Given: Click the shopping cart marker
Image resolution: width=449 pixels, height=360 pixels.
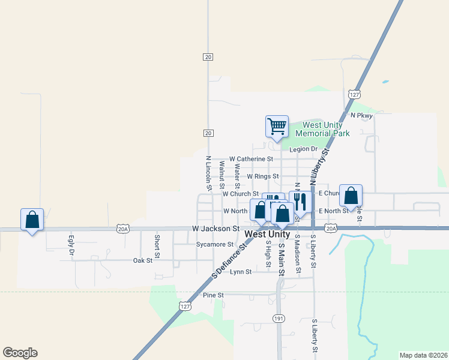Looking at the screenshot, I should tap(277, 126).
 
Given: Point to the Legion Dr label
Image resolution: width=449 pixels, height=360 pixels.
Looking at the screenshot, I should tap(303, 149).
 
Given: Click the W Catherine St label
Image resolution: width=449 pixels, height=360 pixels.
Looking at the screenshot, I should tap(251, 159).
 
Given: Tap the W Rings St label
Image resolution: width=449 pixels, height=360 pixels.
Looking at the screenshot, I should tap(263, 176).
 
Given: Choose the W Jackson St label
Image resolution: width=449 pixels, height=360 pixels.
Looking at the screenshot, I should tap(216, 229).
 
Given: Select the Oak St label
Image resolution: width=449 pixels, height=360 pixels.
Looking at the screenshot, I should tap(142, 260).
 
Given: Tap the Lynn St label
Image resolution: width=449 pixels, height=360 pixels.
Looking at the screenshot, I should tap(240, 272).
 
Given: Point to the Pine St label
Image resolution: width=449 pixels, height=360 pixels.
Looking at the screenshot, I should tap(213, 295).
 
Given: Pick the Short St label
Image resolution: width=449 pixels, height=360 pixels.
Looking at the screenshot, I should tap(157, 246).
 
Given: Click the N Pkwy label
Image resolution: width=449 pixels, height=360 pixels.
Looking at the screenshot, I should tap(362, 115).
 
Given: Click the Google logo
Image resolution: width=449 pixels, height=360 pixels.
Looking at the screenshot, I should tap(20, 353).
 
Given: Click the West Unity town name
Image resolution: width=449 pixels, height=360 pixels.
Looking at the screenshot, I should tap(268, 234).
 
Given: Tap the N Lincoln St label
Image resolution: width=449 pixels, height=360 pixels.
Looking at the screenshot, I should tap(208, 173).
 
